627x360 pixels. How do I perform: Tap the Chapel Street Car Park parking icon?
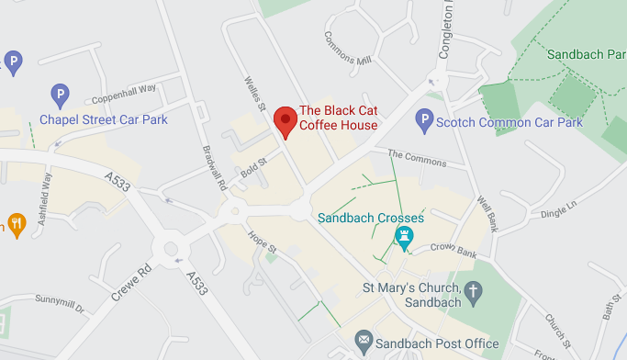pos(60,94)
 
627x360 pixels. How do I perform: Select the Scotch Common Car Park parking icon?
pos(423,118)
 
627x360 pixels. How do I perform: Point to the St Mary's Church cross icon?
pos(474,292)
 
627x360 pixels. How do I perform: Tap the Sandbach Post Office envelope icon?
pos(364,343)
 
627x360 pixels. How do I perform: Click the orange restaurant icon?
pos(16,223)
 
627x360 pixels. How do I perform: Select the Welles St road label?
pos(254,97)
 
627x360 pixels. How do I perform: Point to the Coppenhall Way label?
pos(124,94)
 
